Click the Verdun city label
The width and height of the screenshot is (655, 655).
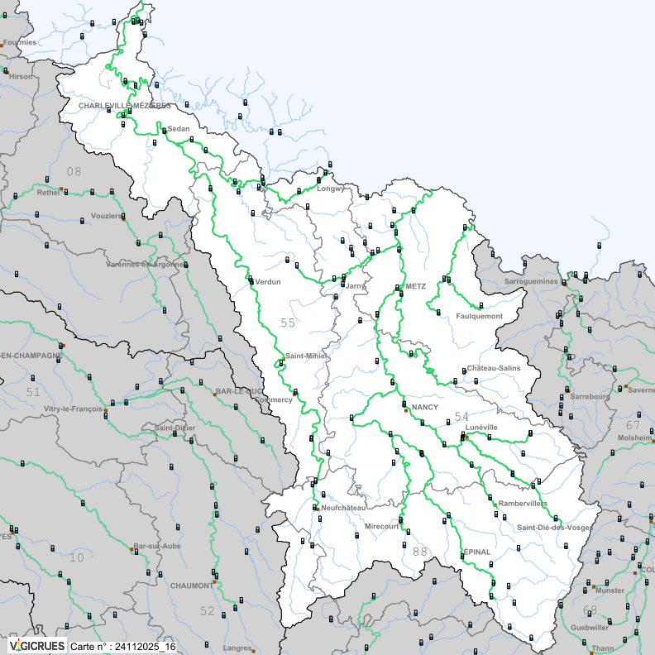(268, 282)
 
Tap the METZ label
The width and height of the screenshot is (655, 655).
(415, 286)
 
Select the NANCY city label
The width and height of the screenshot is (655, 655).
(424, 409)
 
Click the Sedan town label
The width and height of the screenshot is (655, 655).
(178, 129)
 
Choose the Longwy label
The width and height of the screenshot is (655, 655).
(330, 189)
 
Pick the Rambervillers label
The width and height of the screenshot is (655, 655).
(522, 503)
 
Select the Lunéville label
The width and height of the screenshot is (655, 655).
(480, 427)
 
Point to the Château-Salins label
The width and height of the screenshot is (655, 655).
(494, 367)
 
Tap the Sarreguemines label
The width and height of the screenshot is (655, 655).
(531, 282)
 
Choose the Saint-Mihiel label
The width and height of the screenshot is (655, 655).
(306, 356)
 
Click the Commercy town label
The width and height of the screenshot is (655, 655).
(275, 399)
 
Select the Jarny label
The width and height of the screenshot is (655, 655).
(355, 285)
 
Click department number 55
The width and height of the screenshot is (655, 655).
(288, 323)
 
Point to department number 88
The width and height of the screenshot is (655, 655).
(419, 552)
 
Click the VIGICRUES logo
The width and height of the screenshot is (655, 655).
(36, 645)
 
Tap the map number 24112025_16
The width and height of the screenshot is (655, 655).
(122, 646)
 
